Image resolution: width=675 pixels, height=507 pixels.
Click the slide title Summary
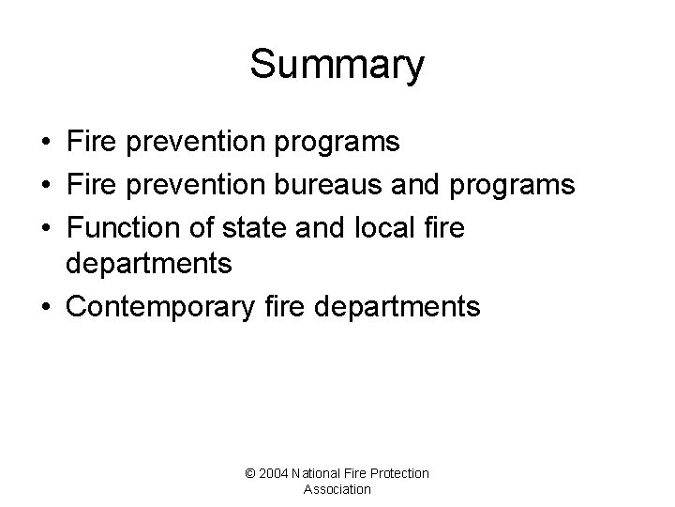(337, 66)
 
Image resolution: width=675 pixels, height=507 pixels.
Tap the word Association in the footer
(337, 489)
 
